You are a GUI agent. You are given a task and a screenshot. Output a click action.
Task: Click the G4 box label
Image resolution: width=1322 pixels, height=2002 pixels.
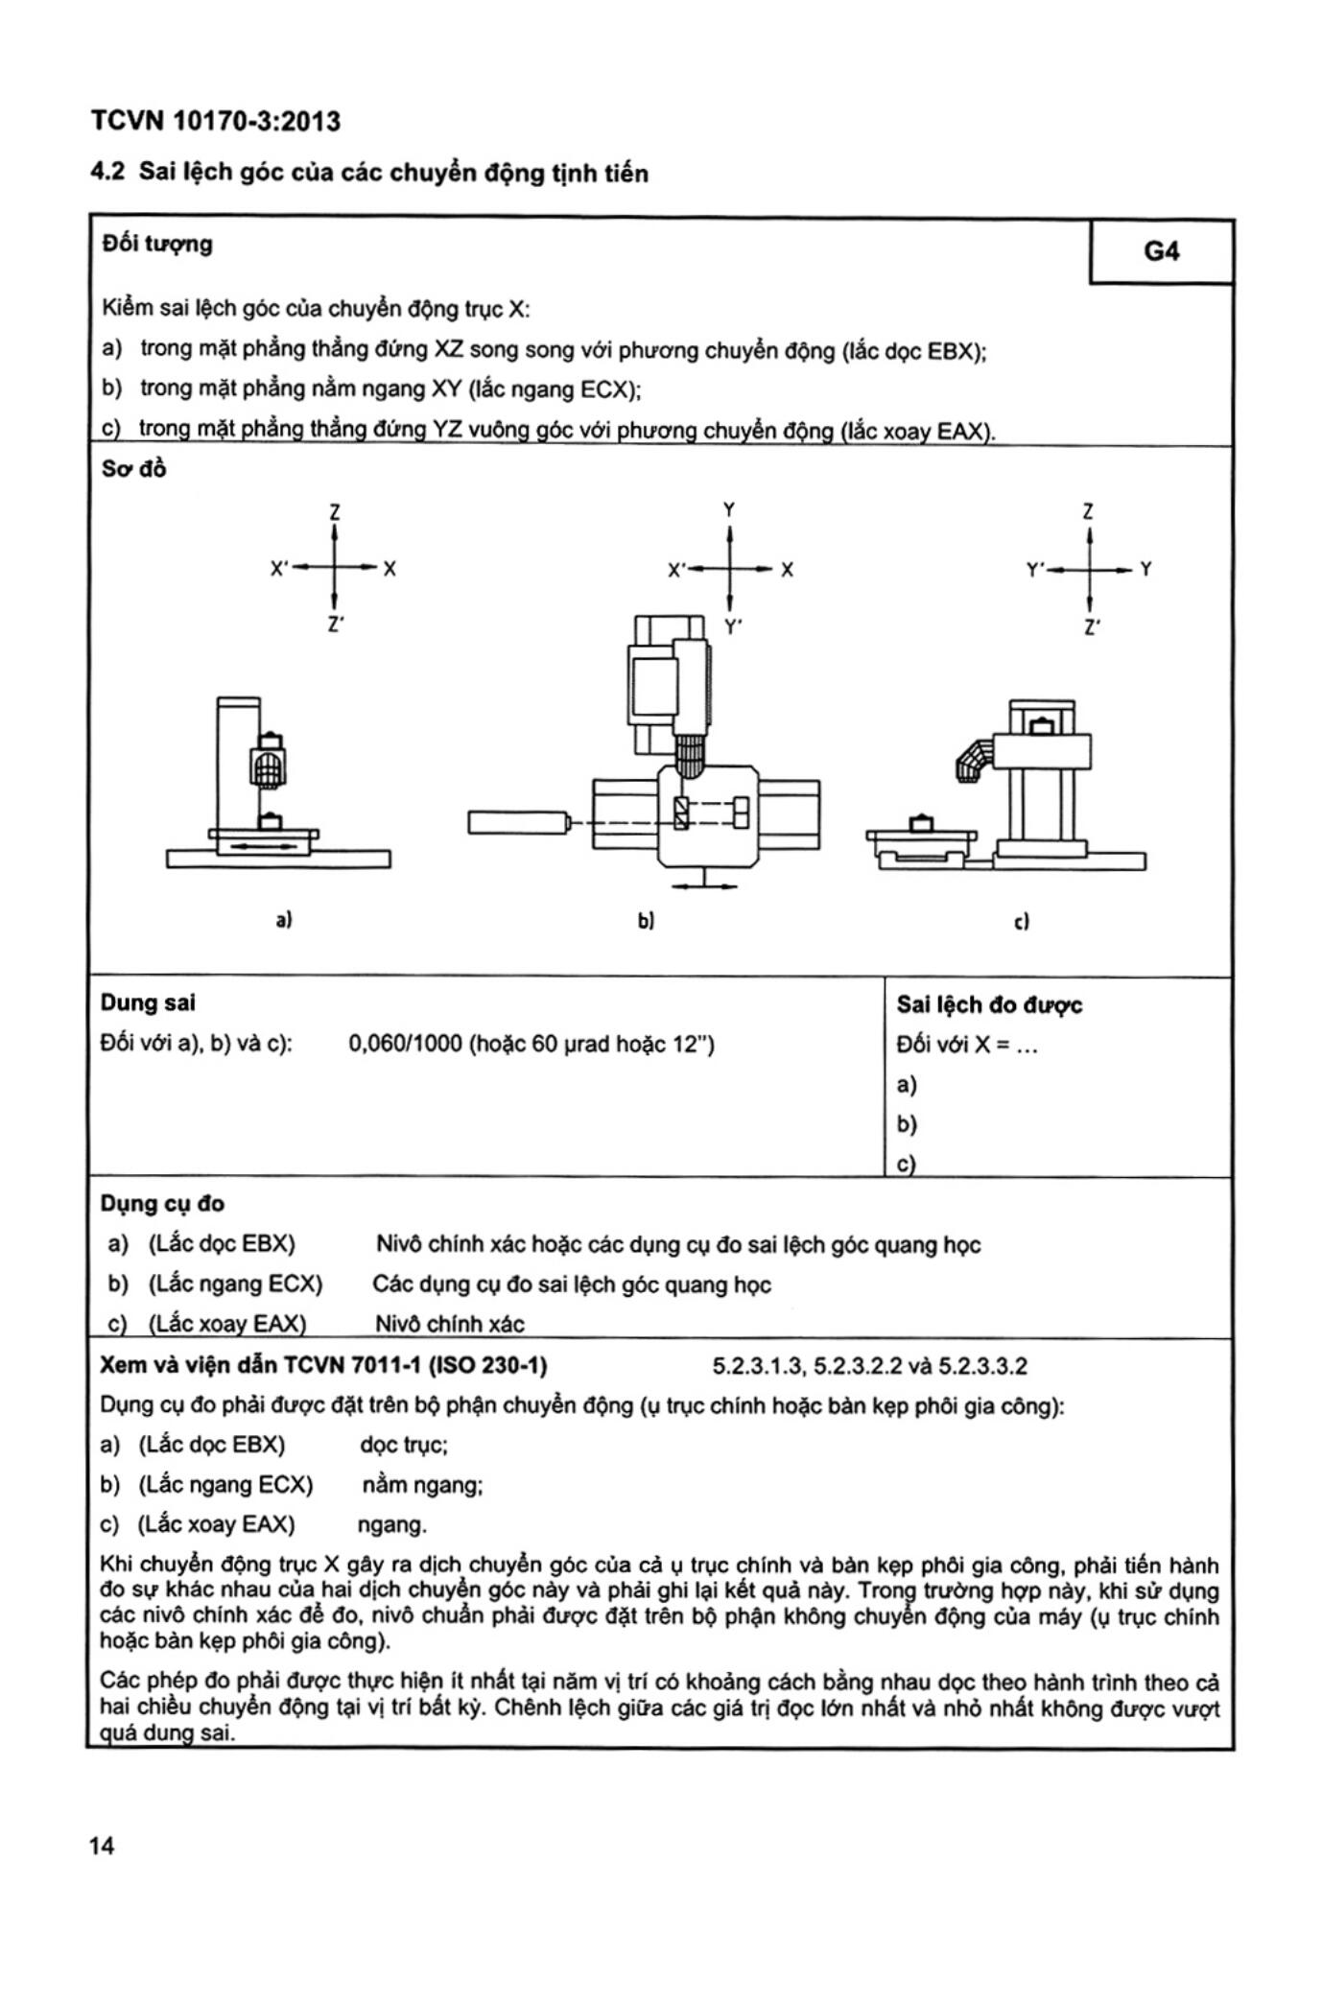(x=1161, y=251)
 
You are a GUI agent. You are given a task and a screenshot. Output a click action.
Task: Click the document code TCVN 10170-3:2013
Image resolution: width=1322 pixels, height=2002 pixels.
(x=215, y=122)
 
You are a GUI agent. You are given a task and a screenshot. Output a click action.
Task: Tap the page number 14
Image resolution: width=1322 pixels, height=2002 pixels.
(x=102, y=1845)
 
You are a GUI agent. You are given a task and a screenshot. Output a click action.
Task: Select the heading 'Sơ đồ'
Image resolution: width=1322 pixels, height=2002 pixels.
(x=133, y=469)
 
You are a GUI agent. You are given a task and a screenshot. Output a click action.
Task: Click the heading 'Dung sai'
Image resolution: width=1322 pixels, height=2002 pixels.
(x=148, y=1002)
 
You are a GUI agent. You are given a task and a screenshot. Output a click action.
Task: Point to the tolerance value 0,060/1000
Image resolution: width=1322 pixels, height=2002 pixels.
(x=405, y=1044)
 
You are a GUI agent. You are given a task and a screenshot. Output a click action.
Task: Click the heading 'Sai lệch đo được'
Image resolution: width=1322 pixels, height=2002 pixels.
(x=989, y=1005)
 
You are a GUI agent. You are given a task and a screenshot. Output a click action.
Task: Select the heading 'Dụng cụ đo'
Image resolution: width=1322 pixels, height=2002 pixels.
(x=162, y=1204)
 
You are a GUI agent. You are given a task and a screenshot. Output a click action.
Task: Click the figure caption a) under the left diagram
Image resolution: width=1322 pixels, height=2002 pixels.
(x=284, y=919)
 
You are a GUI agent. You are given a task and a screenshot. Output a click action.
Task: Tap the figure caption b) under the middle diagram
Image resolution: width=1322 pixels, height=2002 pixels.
(x=646, y=921)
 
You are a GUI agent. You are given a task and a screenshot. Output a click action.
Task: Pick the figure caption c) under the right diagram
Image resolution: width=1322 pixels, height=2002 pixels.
(x=1021, y=921)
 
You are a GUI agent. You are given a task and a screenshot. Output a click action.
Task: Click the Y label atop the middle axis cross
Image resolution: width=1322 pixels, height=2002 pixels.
(x=730, y=509)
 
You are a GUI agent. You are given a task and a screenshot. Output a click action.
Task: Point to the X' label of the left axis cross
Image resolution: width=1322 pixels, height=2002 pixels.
(x=279, y=569)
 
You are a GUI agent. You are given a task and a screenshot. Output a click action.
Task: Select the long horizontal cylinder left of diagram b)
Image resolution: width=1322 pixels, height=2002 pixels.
(x=518, y=822)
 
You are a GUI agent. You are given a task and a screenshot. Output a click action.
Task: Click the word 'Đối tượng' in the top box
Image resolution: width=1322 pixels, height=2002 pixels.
(x=157, y=244)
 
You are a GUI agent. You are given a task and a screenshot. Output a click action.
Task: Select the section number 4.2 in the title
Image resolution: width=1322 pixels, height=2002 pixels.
(x=107, y=173)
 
